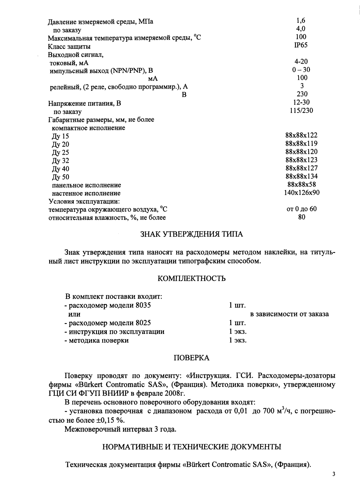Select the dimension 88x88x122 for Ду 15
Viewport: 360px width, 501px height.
click(301, 135)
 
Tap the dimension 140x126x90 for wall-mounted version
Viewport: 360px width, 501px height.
click(301, 193)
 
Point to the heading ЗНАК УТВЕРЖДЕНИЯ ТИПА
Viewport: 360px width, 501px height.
click(192, 234)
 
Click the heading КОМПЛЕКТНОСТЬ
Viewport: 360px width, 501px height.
click(191, 279)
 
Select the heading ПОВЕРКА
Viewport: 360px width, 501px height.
click(191, 358)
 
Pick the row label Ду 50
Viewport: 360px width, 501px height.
click(61, 177)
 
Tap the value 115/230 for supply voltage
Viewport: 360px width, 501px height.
click(301, 111)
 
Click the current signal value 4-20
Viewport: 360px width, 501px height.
click(301, 61)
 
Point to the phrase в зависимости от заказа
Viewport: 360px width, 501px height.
click(289, 314)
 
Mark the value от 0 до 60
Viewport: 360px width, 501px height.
click(301, 209)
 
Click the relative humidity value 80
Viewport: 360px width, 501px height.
click(302, 217)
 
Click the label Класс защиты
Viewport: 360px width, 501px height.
click(69, 47)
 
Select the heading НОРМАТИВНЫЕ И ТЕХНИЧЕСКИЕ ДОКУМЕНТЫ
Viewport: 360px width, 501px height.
click(191, 447)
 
